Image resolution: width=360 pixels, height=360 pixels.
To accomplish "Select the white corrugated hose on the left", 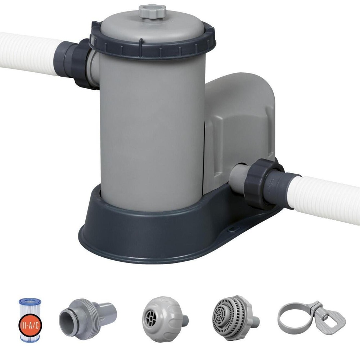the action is [28, 53].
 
